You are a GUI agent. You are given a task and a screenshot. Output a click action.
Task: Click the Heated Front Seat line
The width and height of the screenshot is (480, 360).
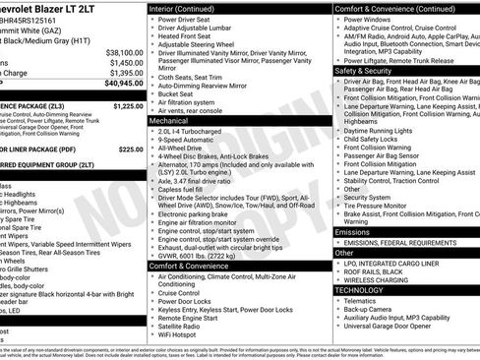pos(188,36)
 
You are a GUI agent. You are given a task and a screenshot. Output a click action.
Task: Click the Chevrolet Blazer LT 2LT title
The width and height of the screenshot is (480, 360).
pos(59,8)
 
